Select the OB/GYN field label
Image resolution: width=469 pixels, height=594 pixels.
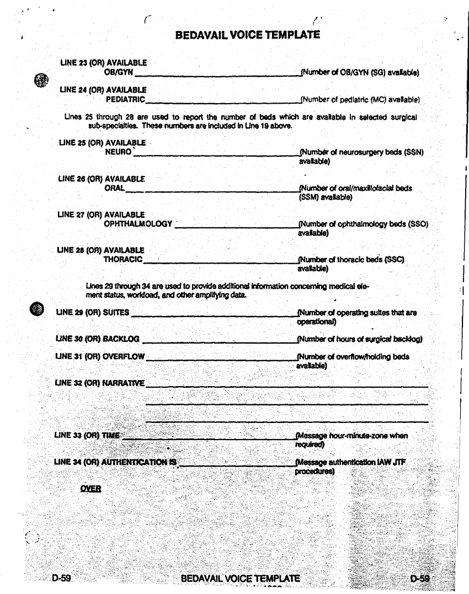(119, 72)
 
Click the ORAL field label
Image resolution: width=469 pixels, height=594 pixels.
(114, 188)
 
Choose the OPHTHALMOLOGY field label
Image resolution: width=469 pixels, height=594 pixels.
(138, 224)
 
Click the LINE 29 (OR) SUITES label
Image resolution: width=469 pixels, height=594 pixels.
(93, 313)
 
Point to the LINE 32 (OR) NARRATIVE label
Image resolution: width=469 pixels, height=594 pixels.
(100, 383)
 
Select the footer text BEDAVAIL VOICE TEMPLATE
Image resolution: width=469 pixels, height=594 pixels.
(240, 579)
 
